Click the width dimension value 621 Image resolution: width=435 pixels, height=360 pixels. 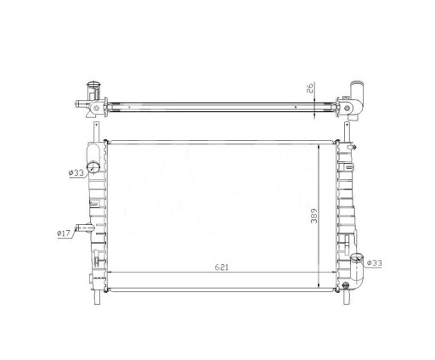click(221, 267)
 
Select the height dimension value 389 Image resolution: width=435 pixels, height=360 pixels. click(314, 216)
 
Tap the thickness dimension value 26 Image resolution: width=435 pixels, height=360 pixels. click(310, 87)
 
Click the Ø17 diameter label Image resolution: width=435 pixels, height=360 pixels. click(63, 233)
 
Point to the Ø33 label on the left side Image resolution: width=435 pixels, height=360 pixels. click(76, 172)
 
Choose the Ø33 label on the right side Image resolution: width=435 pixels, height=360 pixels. click(374, 263)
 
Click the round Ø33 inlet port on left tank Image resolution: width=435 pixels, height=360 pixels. click(93, 166)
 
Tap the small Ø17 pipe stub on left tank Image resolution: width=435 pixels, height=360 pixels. click(84, 228)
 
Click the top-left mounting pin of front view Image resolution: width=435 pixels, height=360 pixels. click(96, 132)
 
